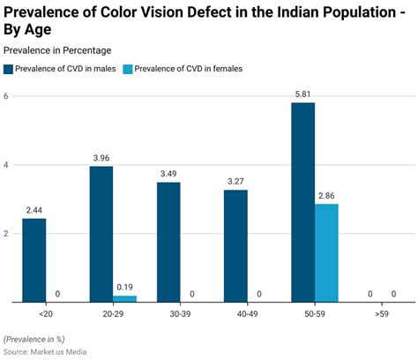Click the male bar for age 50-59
point(302,202)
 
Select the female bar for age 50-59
point(327,253)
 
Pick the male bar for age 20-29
point(101,234)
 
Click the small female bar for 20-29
point(125,299)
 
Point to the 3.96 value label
point(101,157)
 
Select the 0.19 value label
point(125,287)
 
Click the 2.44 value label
point(34,209)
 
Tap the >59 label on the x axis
point(382,313)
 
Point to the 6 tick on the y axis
point(6,96)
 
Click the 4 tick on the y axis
point(6,165)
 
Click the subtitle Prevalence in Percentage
point(57,50)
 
